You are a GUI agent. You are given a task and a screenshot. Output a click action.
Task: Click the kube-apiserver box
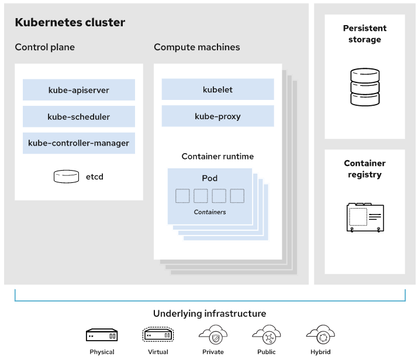79,90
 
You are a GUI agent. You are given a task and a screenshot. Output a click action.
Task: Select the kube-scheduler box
79,116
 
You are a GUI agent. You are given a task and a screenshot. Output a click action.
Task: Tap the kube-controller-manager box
79,143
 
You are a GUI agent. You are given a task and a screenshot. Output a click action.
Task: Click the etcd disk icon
66,176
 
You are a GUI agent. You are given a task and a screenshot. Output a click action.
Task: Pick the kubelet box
218,90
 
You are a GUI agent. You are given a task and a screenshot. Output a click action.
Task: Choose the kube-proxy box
218,116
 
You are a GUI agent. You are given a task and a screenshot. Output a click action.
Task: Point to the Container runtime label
218,157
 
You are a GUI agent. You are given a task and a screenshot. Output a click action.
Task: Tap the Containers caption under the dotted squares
210,212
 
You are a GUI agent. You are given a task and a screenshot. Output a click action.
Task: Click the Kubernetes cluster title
70,23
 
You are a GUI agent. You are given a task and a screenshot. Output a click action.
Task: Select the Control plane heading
45,47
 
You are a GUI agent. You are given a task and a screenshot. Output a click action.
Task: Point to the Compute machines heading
197,47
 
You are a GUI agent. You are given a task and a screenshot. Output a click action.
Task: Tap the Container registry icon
365,217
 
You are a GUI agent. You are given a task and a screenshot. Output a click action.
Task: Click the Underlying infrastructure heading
210,314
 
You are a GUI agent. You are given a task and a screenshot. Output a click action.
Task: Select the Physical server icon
102,335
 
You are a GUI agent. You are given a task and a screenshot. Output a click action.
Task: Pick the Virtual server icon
158,335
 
